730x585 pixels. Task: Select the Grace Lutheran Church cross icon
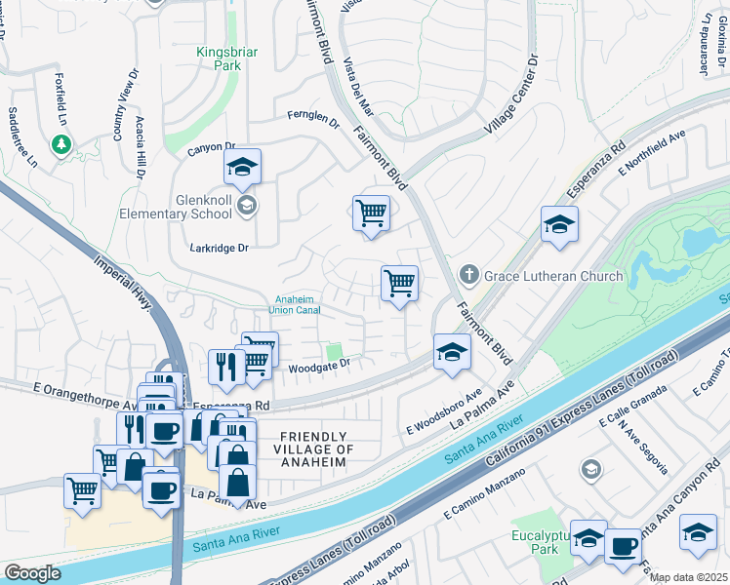468,276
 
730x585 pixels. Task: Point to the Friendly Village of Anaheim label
314,448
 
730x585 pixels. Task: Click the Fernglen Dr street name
312,116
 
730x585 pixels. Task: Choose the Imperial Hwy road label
125,285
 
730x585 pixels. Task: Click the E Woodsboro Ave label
445,412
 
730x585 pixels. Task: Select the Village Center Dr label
511,96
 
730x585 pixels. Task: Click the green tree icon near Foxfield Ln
61,144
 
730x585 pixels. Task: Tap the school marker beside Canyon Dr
242,167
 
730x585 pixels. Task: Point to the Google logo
33,573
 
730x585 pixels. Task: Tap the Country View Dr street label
120,105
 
